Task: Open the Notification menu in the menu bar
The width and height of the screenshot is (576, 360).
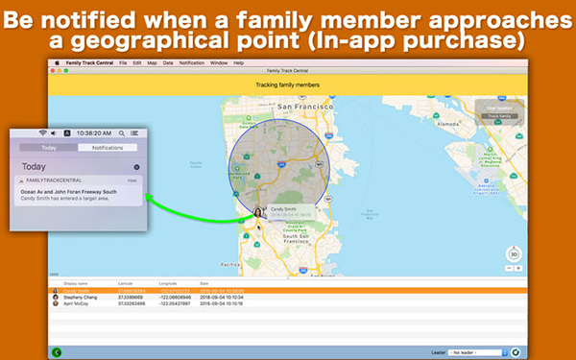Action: click(x=192, y=62)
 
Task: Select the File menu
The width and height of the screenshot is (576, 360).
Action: click(x=123, y=62)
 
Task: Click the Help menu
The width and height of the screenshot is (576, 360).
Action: click(x=238, y=62)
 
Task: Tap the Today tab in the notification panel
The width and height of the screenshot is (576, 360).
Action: click(x=49, y=148)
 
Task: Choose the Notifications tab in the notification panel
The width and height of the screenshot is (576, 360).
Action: click(x=108, y=148)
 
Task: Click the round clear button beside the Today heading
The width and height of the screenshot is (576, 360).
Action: click(x=136, y=167)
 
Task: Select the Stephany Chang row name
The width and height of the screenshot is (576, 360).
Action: click(x=81, y=297)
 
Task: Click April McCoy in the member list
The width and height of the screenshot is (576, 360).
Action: click(x=77, y=302)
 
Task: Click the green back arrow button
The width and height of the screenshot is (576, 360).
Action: click(x=58, y=352)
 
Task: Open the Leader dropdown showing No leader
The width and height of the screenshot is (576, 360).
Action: click(x=477, y=352)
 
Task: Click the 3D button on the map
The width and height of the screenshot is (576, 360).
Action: click(x=514, y=253)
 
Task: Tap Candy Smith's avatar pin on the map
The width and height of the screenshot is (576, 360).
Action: click(x=258, y=212)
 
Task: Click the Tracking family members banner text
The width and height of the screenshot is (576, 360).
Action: click(x=288, y=84)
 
